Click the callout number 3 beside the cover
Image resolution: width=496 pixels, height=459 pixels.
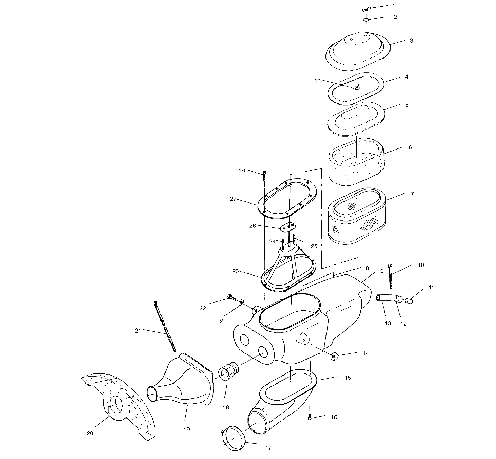[411, 40]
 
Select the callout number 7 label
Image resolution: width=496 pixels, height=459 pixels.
[412, 194]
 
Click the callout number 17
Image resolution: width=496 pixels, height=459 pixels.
[268, 447]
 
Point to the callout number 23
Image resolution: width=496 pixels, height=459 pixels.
[236, 271]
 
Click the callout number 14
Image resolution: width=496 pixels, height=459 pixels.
[366, 353]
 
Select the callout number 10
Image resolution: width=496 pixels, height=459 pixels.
[421, 265]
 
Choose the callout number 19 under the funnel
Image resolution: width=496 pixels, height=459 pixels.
[186, 429]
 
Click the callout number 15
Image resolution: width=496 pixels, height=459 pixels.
[348, 378]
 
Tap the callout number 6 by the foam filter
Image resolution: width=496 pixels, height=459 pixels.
[410, 147]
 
